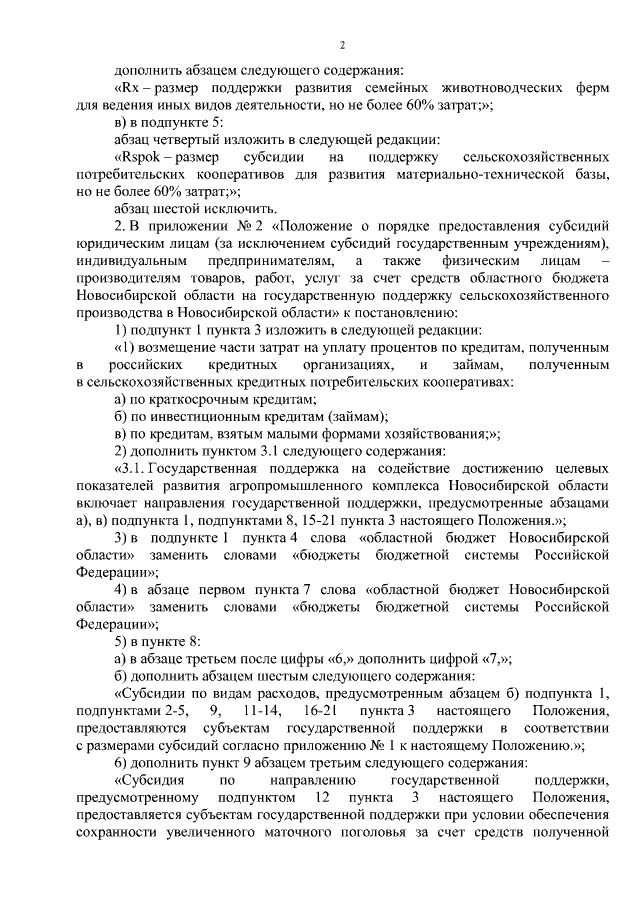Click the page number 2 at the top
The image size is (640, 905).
point(342,46)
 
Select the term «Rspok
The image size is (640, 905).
point(141,158)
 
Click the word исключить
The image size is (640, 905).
point(221,210)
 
